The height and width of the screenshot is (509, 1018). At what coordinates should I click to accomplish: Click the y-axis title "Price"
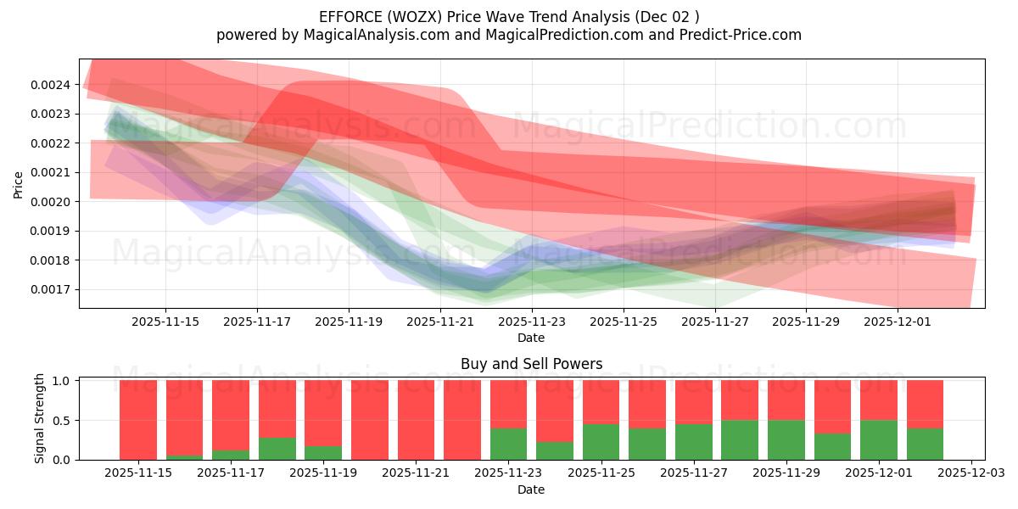[x=19, y=184]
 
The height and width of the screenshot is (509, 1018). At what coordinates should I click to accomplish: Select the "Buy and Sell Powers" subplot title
[x=531, y=364]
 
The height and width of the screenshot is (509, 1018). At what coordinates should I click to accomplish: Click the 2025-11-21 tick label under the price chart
[x=439, y=322]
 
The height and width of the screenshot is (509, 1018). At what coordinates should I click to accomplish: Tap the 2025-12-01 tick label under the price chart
[x=898, y=322]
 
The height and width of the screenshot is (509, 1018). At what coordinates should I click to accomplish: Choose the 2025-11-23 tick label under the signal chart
[x=508, y=473]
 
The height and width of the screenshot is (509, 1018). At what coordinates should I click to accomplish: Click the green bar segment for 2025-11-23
[x=508, y=444]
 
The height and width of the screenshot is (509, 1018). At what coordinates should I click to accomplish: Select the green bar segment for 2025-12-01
[x=879, y=439]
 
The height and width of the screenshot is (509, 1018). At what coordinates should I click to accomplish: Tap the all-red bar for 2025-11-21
[x=416, y=420]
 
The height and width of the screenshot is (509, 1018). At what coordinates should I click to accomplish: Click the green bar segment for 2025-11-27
[x=693, y=442]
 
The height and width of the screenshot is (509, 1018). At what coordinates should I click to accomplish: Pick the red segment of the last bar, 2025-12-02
[x=925, y=404]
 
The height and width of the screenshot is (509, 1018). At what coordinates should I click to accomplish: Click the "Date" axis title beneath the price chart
[x=531, y=338]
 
